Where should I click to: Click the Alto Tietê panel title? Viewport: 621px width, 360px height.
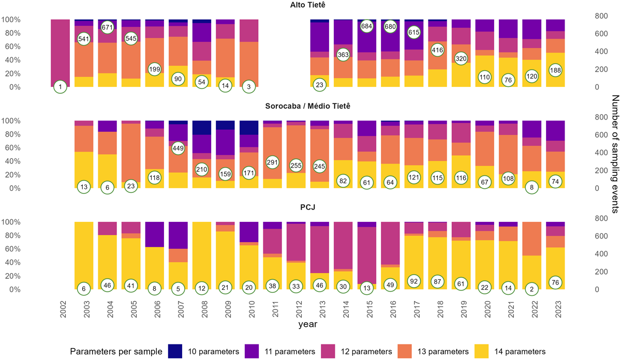click(310, 5)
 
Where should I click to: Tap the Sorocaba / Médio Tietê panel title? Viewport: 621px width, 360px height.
click(310, 107)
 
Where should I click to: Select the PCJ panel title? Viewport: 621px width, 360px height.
click(310, 208)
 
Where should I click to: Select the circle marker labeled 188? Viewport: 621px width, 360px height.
click(555, 70)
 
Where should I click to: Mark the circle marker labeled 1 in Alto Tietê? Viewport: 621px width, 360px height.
click(61, 87)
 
